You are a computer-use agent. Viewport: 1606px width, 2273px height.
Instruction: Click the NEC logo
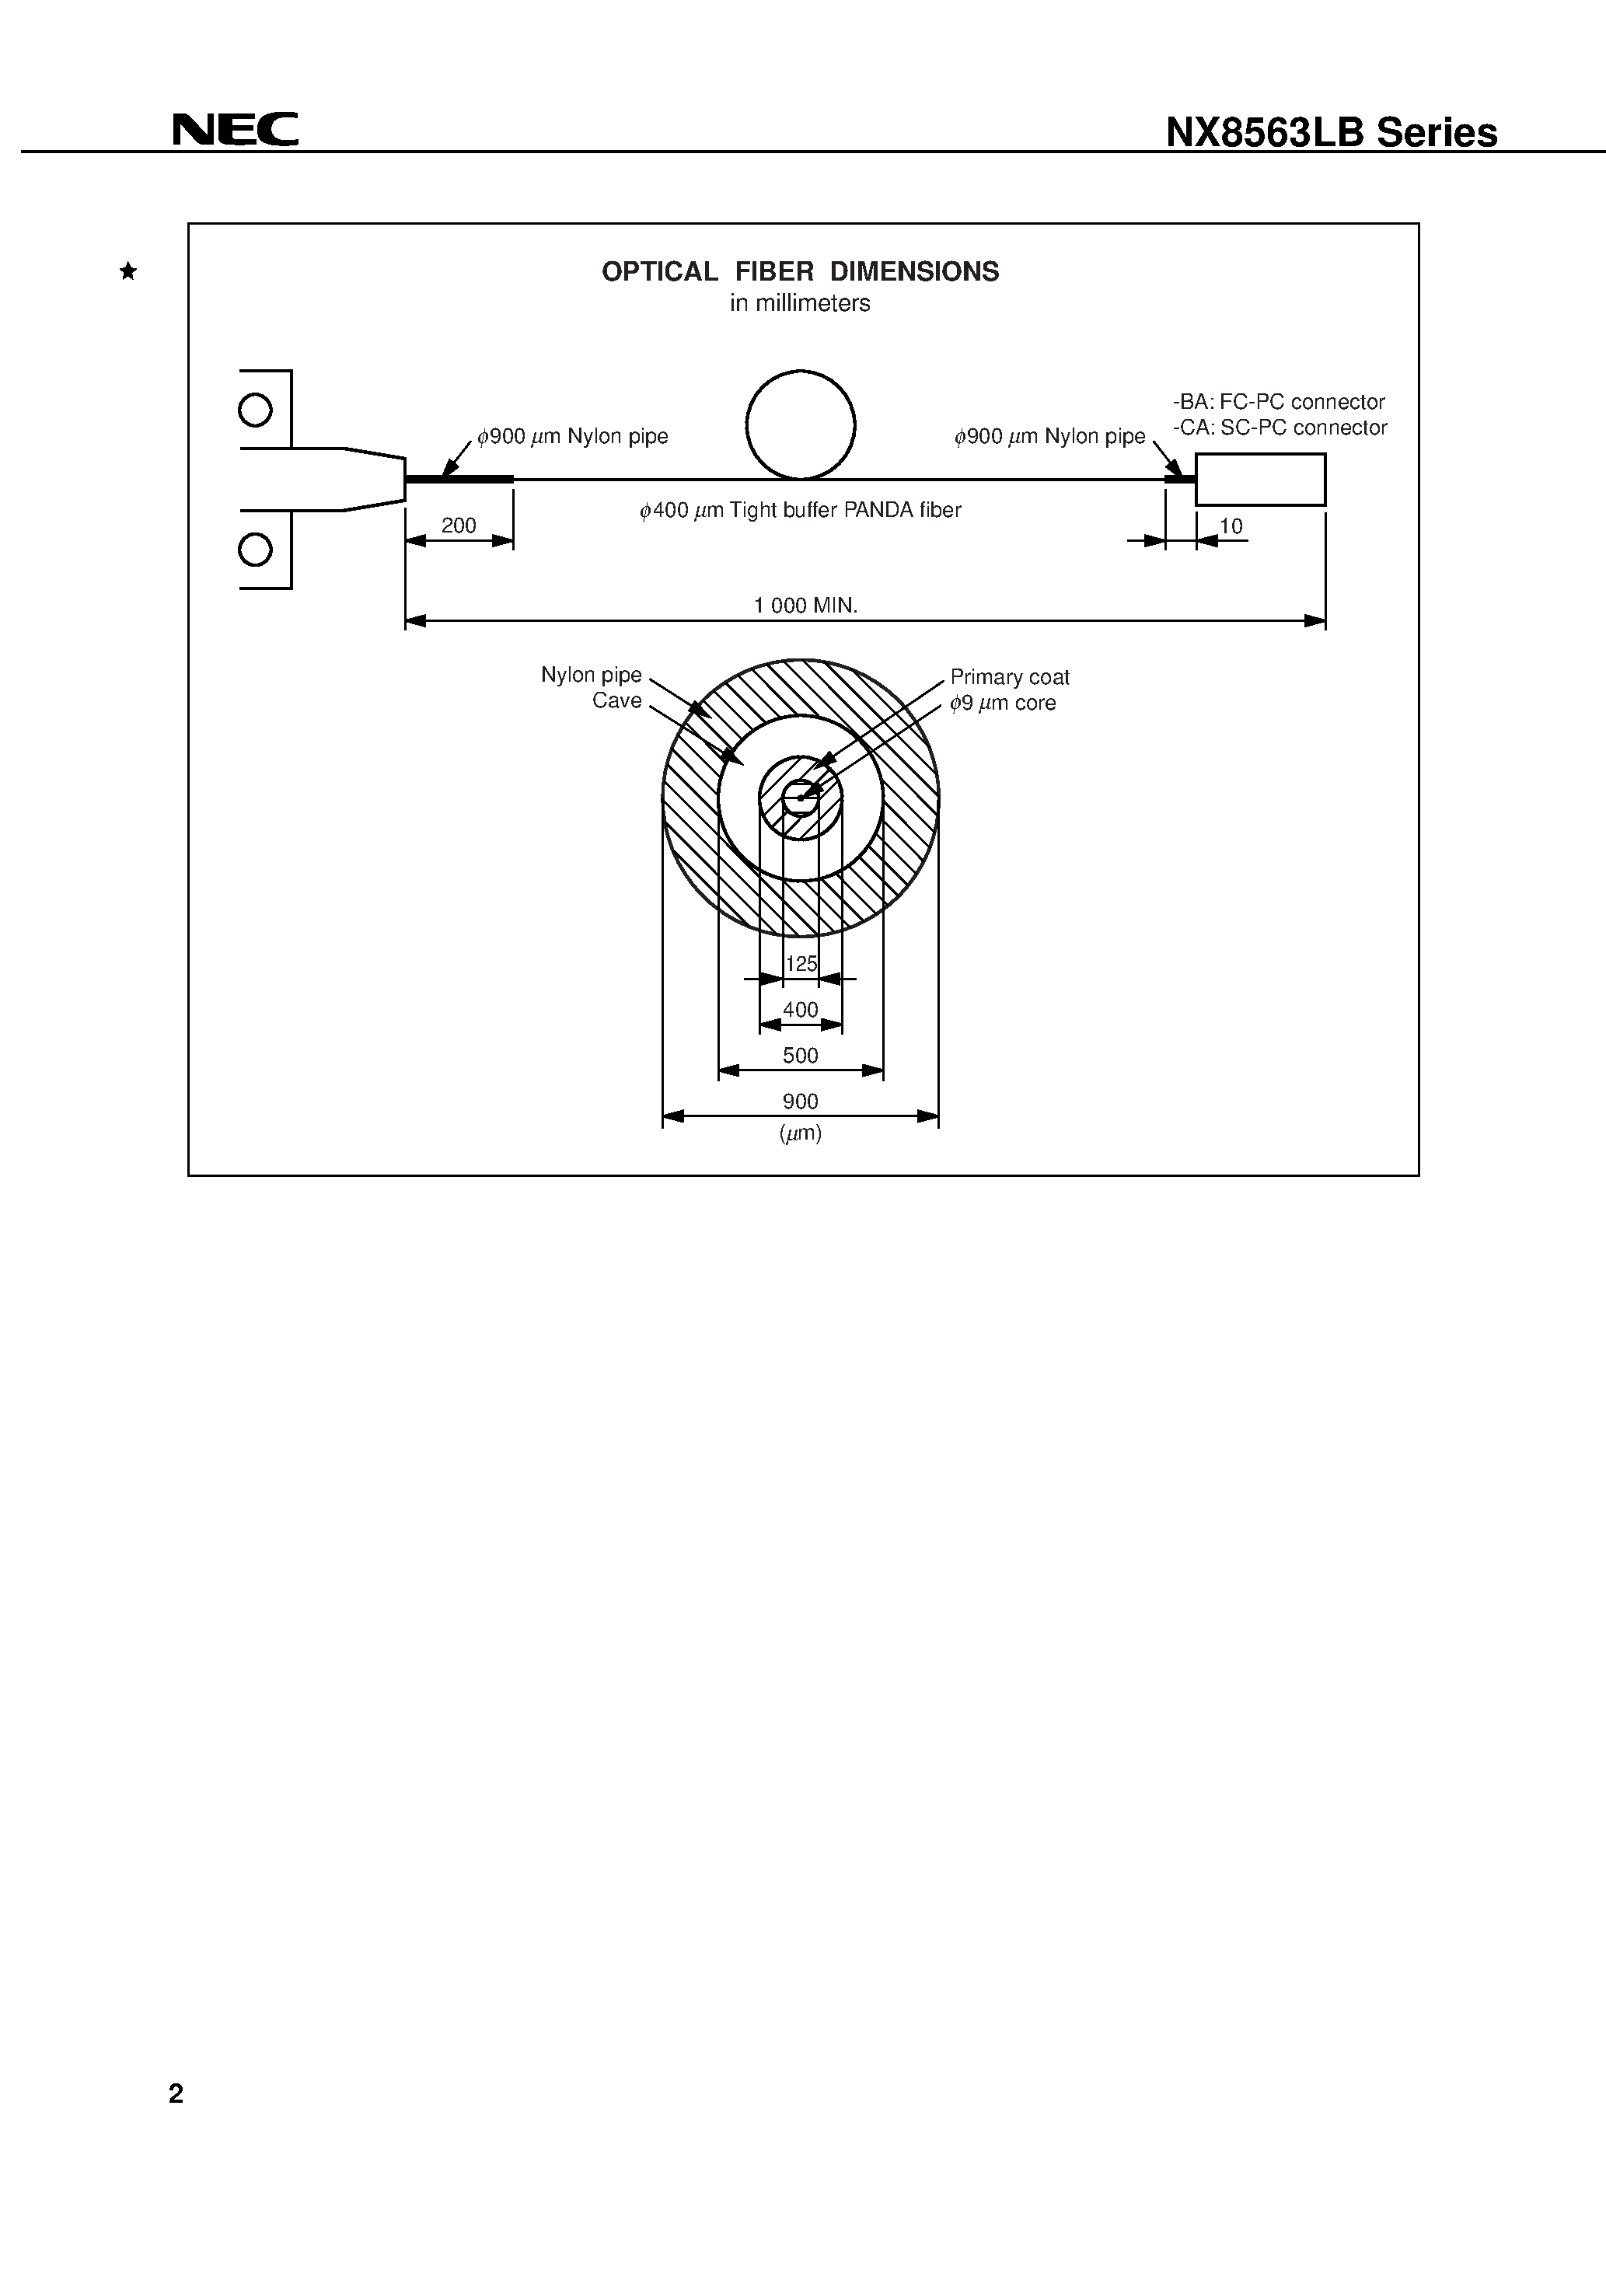click(x=235, y=130)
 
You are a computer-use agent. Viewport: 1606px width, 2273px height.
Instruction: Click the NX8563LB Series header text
click(x=1331, y=133)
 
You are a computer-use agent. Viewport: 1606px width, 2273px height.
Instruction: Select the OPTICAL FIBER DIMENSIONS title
click(x=800, y=271)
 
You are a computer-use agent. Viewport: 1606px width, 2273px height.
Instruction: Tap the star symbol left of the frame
click(x=127, y=271)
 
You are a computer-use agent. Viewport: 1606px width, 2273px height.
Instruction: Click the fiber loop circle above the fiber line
click(x=800, y=424)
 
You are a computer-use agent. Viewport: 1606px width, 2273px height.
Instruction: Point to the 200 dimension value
click(x=459, y=525)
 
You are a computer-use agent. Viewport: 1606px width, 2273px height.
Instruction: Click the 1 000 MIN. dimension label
click(x=805, y=605)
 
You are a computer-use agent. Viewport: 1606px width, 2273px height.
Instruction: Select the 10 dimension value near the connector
click(x=1231, y=525)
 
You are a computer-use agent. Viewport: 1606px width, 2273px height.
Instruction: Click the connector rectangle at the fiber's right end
click(x=1259, y=479)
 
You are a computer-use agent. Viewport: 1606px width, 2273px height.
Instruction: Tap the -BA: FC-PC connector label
click(x=1278, y=402)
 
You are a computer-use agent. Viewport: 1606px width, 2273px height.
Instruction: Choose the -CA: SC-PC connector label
click(x=1280, y=428)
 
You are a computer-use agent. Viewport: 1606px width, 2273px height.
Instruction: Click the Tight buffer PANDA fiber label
click(x=800, y=510)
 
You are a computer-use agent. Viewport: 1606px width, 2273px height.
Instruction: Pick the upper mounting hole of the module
click(x=256, y=410)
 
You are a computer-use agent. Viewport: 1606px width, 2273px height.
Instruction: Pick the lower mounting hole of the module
click(x=256, y=549)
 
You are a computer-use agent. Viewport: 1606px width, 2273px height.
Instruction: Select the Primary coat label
click(x=1009, y=677)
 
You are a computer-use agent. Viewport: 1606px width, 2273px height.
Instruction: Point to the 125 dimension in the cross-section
click(x=801, y=963)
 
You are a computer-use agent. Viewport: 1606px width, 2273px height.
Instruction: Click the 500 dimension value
click(x=800, y=1056)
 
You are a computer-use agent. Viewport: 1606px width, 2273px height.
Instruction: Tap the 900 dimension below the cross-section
click(x=800, y=1101)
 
